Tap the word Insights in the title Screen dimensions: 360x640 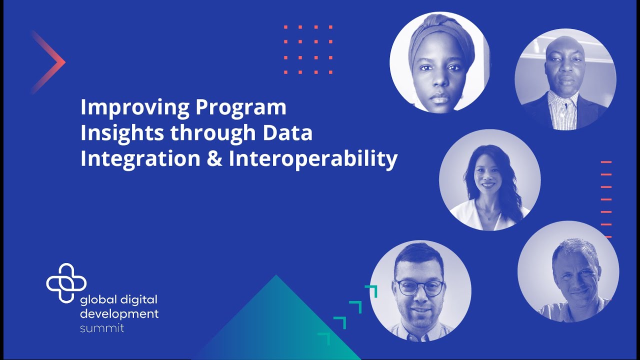(122, 133)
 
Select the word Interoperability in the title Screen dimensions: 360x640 (313, 159)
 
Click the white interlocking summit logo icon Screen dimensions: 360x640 (66, 282)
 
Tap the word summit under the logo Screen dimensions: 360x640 (102, 328)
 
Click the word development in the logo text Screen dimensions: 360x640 (119, 314)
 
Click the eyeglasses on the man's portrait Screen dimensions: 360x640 (419, 287)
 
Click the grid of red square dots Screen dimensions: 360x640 (308, 49)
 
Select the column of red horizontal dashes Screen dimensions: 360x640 (606, 199)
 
